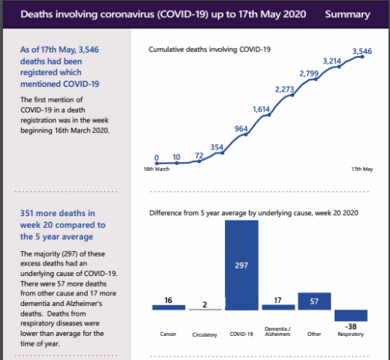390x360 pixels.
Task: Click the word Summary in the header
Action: click(x=347, y=14)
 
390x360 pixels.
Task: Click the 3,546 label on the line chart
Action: click(x=363, y=52)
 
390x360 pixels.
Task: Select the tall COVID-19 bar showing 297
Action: click(x=241, y=266)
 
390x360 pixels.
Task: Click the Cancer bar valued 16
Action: click(x=168, y=307)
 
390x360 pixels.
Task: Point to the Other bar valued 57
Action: click(x=314, y=301)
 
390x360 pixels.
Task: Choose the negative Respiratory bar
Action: click(x=350, y=315)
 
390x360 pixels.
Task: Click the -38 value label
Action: click(x=350, y=327)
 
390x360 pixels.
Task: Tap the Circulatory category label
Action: click(x=205, y=334)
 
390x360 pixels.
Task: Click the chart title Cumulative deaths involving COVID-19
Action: click(x=209, y=49)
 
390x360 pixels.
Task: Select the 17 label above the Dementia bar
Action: click(x=277, y=300)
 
